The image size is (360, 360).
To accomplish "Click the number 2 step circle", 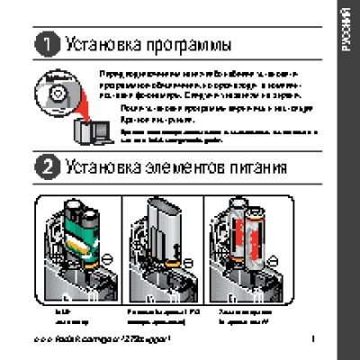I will click(x=46, y=166).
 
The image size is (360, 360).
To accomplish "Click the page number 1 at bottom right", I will click(x=310, y=339).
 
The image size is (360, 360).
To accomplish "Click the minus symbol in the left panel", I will click(x=107, y=257).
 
